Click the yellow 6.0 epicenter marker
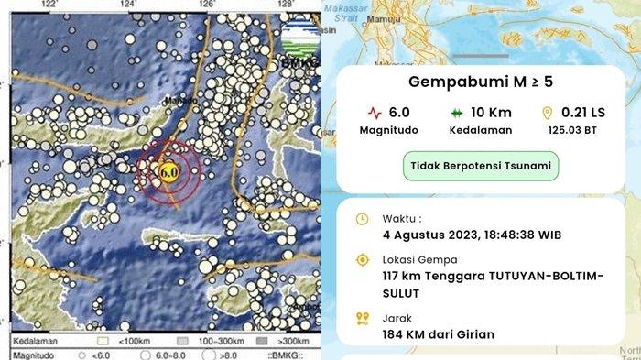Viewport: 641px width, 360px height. [168, 171]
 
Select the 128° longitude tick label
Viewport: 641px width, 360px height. [287, 5]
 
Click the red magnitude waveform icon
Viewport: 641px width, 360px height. [374, 114]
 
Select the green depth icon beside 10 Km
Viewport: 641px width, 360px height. [455, 114]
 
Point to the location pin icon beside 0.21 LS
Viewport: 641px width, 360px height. [548, 114]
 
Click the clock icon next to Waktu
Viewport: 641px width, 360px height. [362, 219]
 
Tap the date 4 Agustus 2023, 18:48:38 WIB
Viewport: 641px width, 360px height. [473, 235]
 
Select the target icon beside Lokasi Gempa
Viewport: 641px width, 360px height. [362, 261]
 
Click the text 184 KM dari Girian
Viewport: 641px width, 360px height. [440, 334]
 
